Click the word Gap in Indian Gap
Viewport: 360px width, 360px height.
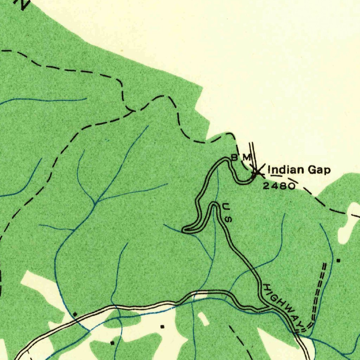319,170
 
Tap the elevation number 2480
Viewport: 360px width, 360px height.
278,186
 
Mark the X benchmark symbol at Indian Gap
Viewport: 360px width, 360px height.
257,171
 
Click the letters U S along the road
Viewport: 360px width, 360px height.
227,213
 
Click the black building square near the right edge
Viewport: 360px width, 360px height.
338,261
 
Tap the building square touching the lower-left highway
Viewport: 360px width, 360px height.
75,314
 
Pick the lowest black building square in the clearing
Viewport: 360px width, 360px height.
112,342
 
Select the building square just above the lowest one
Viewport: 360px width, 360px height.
162,327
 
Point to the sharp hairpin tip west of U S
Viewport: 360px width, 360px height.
185,230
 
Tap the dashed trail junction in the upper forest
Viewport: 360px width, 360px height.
132,111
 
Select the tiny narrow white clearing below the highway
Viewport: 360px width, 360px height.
203,318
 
